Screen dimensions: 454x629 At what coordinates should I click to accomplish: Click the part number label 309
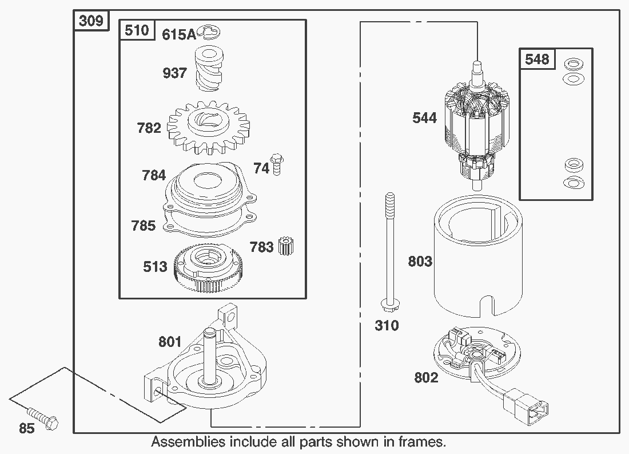click(91, 21)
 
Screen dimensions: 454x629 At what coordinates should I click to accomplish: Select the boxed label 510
click(137, 30)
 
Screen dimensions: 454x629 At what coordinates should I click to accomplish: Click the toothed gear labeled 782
click(203, 127)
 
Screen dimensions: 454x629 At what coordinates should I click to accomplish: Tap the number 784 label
click(154, 175)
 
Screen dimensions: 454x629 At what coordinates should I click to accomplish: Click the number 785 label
click(143, 226)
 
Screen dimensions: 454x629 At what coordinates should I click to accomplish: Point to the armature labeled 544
click(475, 129)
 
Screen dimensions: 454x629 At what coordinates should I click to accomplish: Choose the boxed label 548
click(537, 59)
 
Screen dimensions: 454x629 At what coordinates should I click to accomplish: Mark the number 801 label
click(170, 342)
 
